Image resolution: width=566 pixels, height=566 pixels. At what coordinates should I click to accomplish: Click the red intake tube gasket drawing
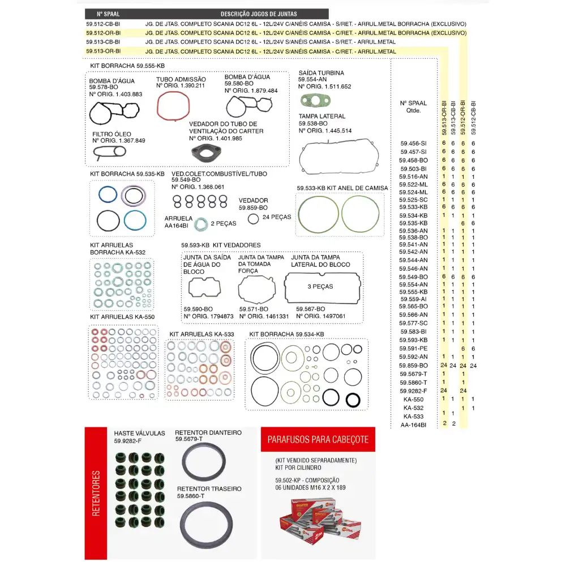point(173,106)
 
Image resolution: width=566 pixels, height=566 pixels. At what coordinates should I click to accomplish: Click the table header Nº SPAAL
point(108,14)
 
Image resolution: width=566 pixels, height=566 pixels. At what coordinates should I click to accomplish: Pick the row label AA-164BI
point(413,424)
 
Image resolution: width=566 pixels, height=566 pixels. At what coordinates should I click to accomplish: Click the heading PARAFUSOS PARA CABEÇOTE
point(318,439)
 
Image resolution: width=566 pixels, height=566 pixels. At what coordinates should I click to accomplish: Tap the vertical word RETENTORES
point(96,493)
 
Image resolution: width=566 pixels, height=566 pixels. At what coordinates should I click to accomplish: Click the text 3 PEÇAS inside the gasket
point(320,286)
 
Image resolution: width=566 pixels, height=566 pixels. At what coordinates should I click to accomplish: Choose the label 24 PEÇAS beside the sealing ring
point(277,217)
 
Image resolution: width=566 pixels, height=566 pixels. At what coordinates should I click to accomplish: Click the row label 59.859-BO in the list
point(414,366)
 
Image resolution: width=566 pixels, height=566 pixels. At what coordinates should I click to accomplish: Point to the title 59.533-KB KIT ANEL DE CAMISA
point(342,188)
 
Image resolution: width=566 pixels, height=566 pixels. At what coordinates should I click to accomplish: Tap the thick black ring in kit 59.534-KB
point(353,400)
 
